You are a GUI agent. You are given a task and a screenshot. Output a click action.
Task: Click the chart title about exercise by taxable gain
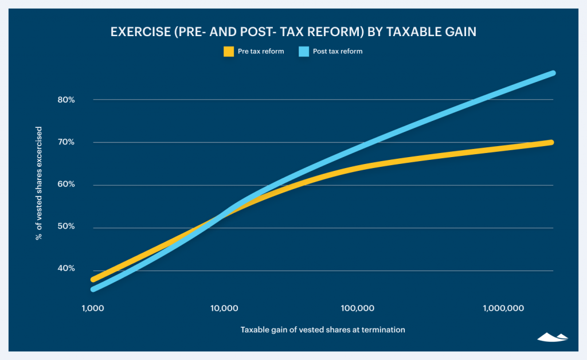pos(293,33)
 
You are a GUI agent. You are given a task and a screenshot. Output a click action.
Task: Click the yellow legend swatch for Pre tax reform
pos(229,52)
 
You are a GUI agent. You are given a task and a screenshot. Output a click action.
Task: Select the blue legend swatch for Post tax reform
pos(304,52)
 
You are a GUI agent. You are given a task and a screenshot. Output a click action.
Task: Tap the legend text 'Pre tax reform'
pos(261,52)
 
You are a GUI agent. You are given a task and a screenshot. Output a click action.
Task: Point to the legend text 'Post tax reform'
pos(338,52)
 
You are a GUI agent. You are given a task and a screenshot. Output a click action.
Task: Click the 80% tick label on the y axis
pos(66,100)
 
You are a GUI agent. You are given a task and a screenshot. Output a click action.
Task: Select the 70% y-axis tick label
pos(66,142)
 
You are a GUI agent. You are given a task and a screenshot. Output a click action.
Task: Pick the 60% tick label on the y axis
pos(66,185)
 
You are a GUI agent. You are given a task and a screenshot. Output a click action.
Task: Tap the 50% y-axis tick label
pos(66,227)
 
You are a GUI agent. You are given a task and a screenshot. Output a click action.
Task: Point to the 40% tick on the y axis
pos(66,269)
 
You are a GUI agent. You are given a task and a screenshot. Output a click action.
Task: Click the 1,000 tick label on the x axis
pos(92,308)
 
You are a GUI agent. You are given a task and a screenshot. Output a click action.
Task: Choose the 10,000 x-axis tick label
pos(225,308)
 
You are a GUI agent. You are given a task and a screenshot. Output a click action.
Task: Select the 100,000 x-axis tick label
pos(357,308)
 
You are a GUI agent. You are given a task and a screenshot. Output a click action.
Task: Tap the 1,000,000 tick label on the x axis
pos(503,308)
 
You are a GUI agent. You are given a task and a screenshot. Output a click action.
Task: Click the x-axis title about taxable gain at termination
pos(323,330)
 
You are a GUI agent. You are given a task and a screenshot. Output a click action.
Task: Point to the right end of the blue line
pos(553,73)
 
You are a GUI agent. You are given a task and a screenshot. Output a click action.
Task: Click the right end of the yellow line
pos(551,142)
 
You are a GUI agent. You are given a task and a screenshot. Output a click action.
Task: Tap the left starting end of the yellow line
pos(93,280)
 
